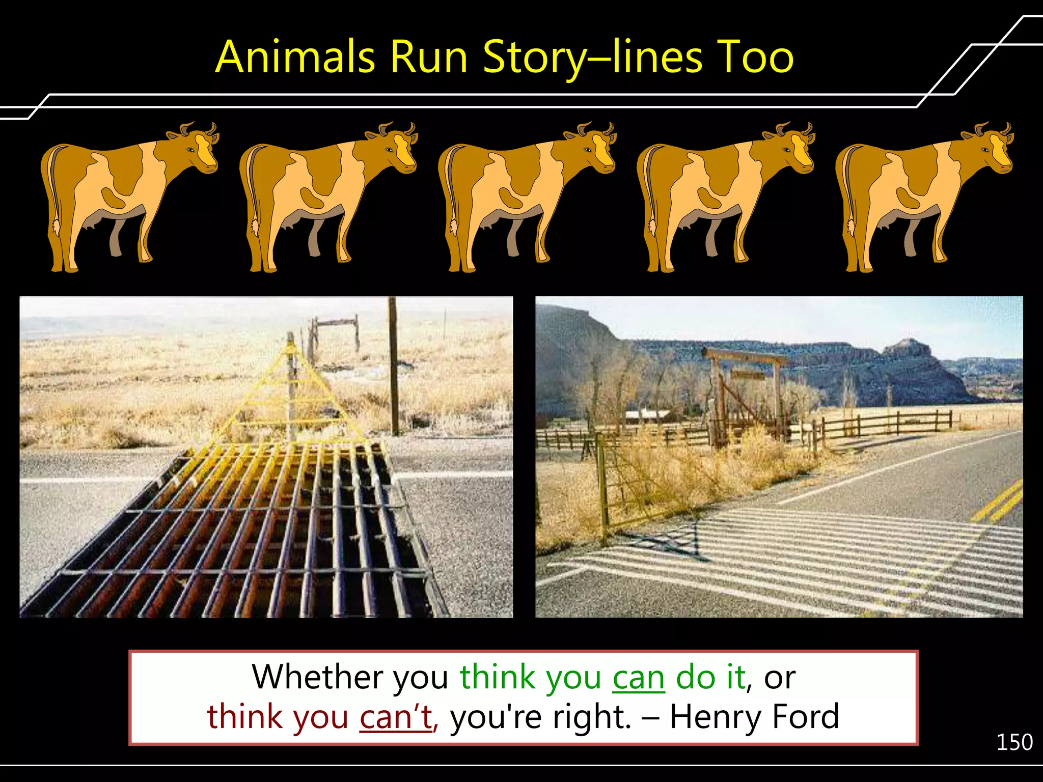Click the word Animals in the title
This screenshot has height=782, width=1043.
point(295,57)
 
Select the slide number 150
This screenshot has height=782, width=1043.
point(1014,742)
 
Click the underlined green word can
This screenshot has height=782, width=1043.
point(639,678)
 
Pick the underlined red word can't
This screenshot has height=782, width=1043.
point(396,717)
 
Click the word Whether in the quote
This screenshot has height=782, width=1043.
point(317,677)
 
